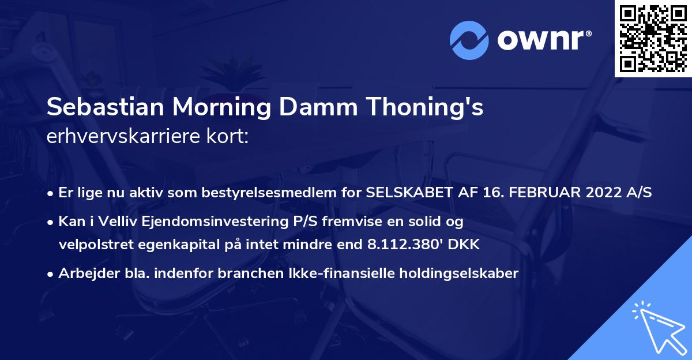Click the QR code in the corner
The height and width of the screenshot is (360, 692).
(x=653, y=38)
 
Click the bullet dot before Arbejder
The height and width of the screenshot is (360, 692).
(x=51, y=273)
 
